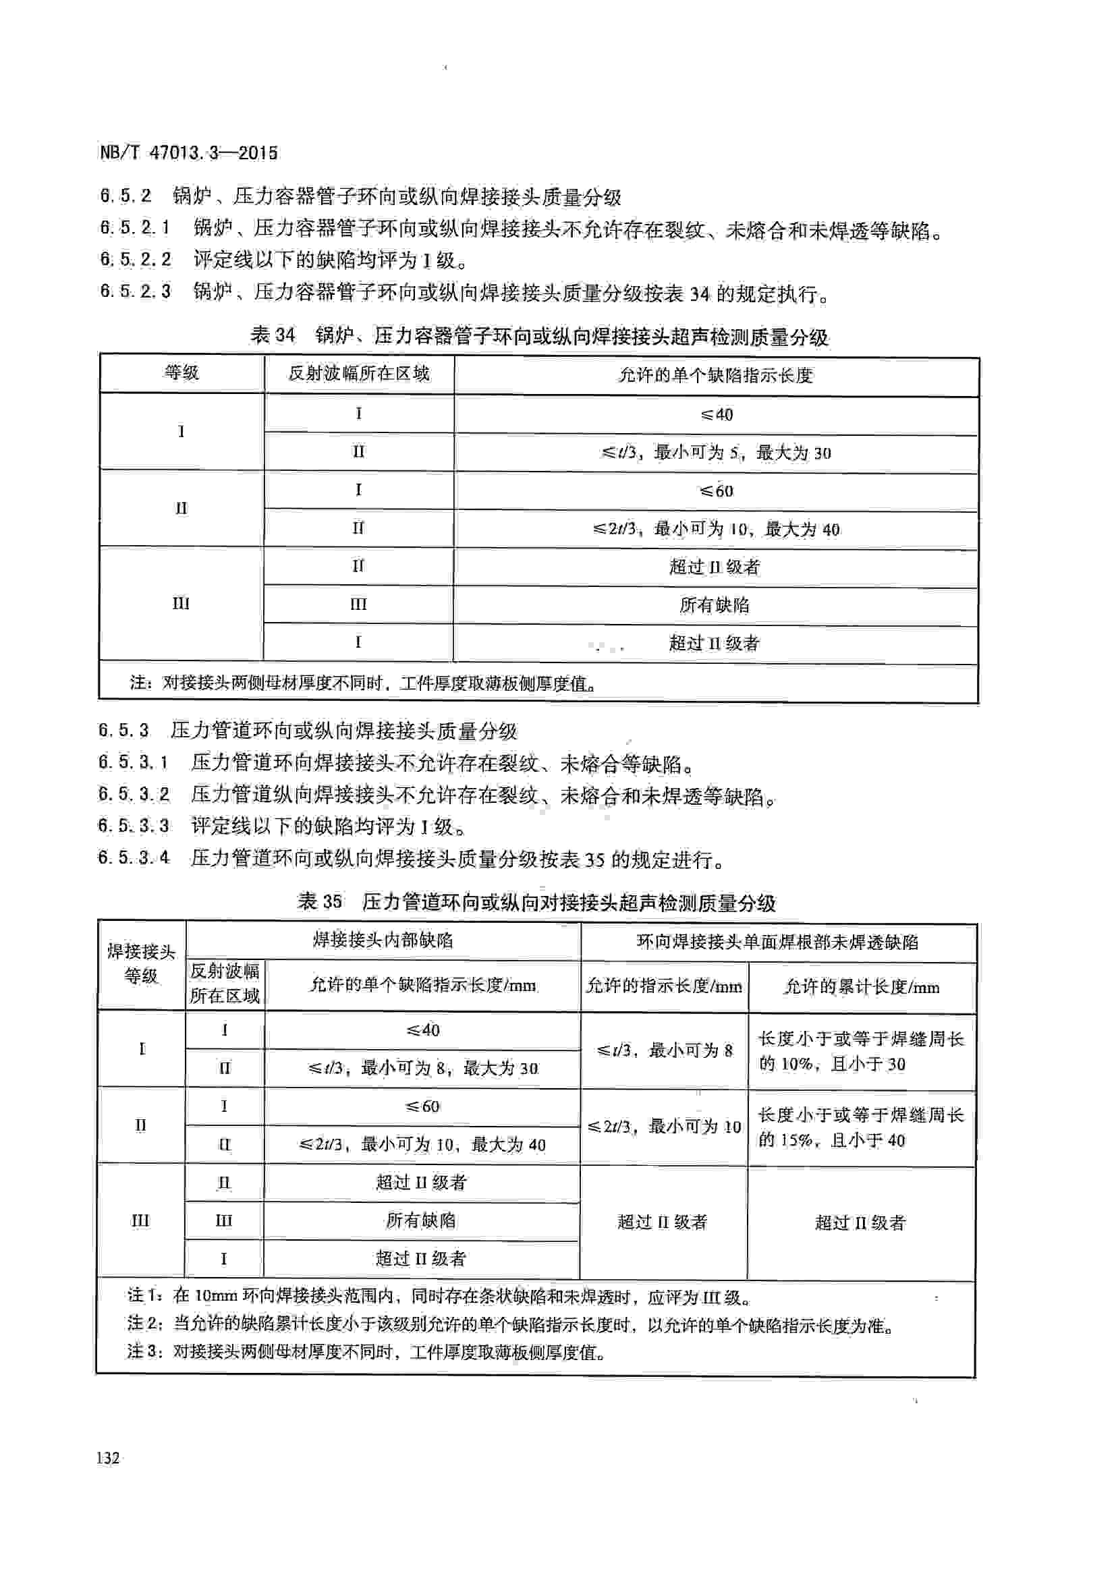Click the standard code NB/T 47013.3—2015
click(189, 152)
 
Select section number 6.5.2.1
click(135, 227)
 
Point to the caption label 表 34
click(273, 335)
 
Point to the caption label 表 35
click(320, 902)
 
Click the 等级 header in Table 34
click(182, 373)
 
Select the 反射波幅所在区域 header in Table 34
click(359, 374)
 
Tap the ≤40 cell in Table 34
click(716, 414)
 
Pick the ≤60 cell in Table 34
click(716, 490)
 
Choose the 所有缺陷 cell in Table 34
click(715, 604)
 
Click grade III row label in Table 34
click(181, 603)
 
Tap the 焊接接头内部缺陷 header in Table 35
click(383, 940)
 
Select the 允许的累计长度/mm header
click(861, 988)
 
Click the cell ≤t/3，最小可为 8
click(664, 1050)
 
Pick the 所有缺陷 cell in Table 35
click(420, 1220)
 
